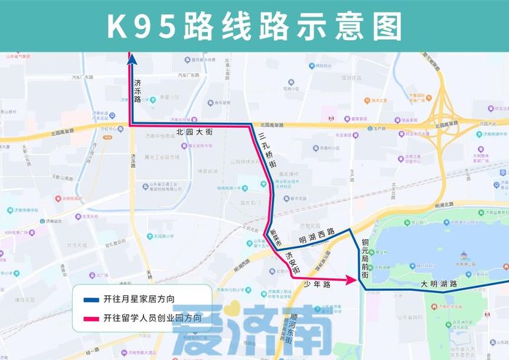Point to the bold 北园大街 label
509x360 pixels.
pyautogui.click(x=193, y=133)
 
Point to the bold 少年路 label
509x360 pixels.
pyautogui.click(x=317, y=284)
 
